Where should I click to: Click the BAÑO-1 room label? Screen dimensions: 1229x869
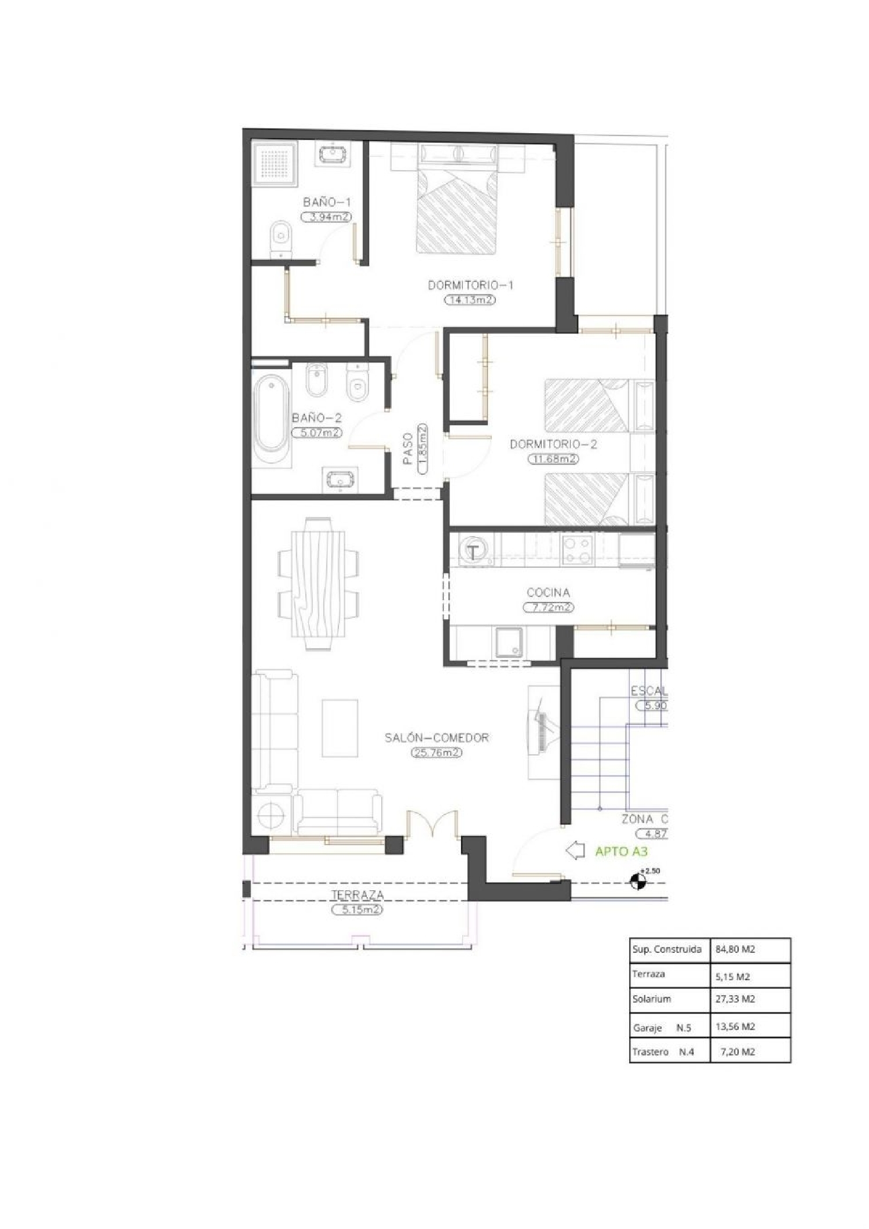[327, 202]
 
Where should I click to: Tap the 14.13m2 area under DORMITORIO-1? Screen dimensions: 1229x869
[470, 300]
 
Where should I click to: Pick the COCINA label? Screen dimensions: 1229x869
[548, 592]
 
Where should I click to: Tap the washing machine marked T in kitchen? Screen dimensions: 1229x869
[474, 552]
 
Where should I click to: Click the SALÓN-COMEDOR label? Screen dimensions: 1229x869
[437, 738]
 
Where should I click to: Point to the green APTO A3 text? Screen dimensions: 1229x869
[621, 851]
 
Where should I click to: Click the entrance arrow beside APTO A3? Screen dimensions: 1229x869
[575, 851]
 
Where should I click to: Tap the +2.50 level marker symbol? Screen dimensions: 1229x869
[638, 882]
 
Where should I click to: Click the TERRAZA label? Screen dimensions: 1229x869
[357, 894]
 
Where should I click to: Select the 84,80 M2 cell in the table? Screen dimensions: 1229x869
[735, 949]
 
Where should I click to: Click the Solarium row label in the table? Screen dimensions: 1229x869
[651, 999]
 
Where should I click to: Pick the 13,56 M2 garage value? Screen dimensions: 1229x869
[735, 1026]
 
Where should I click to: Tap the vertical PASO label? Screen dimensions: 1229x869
[408, 449]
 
